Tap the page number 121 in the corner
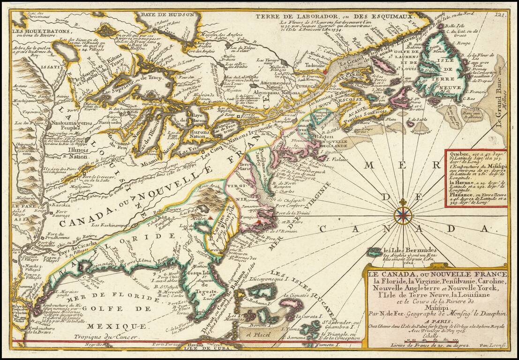[501, 15]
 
